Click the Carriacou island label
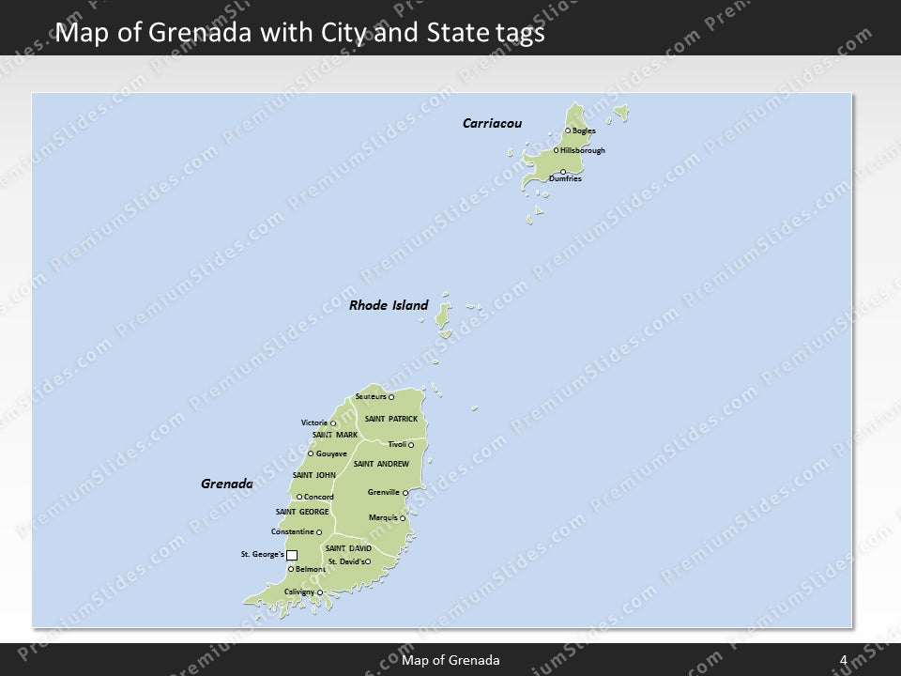pos(492,123)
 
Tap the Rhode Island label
pos(389,305)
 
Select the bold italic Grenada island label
pos(227,484)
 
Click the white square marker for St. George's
pos(292,555)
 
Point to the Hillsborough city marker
pos(557,150)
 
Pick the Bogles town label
pos(584,131)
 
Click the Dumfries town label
pos(565,178)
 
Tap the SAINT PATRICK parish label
pos(390,418)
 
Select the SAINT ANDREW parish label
pos(381,464)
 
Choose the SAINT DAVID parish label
pos(348,547)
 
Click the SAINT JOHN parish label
pos(314,475)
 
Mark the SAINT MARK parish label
pos(335,435)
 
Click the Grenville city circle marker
pos(405,493)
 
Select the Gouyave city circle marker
pos(311,453)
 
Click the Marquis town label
pos(383,517)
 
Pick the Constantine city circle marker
pos(319,532)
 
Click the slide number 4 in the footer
pos(844,660)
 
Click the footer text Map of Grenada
pos(450,660)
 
